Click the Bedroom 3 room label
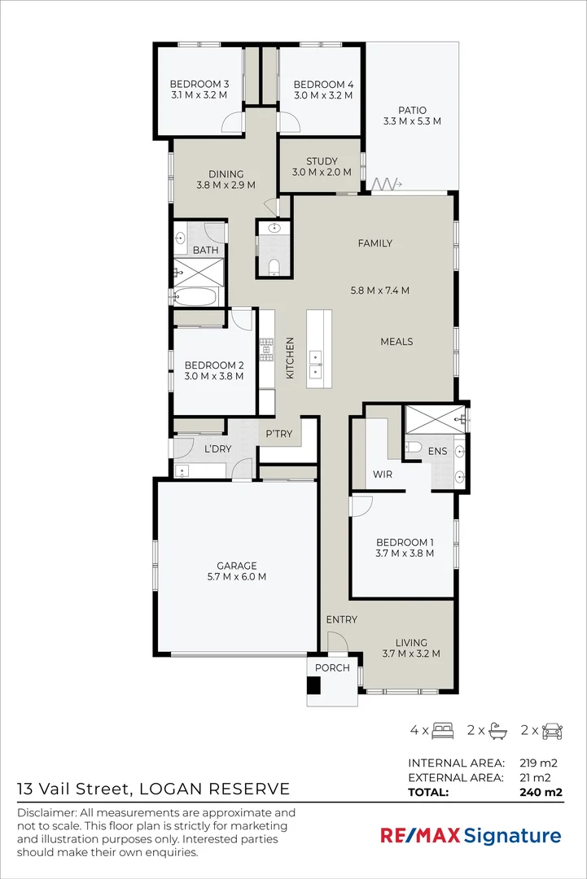pos(199,84)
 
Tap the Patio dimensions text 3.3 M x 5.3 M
pos(412,121)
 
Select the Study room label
pos(322,161)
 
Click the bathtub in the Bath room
pos(195,296)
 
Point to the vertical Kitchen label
pos(290,357)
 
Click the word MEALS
pos(397,341)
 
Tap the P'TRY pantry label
pos(279,433)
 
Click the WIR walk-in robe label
pos(383,474)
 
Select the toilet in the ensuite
pos(413,447)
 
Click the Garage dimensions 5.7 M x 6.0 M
pos(237,577)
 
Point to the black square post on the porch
pos(313,685)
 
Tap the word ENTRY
pos(341,619)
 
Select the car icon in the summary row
pos(552,730)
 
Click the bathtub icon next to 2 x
pos(498,730)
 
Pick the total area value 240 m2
pos(541,792)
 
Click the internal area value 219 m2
pos(537,763)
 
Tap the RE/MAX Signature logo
pos(471,836)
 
